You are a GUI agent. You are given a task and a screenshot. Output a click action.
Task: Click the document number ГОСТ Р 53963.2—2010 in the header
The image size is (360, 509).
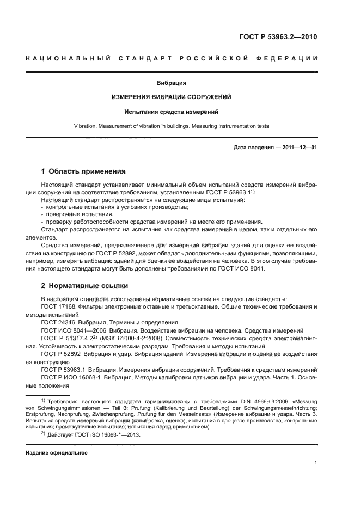pos(278,37)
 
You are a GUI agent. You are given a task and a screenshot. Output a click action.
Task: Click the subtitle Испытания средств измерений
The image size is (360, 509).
pos(172,112)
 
